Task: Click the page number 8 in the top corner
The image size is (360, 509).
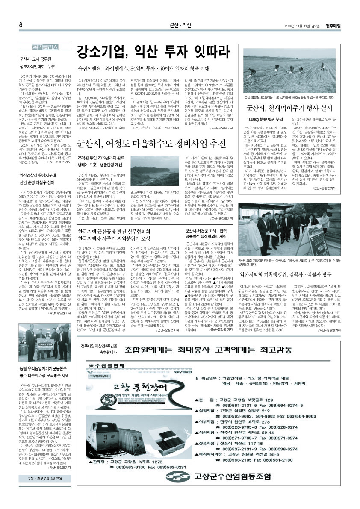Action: click(x=21, y=24)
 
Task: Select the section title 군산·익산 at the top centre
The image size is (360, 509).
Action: click(x=180, y=25)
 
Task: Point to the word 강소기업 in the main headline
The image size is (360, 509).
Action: click(x=101, y=53)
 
